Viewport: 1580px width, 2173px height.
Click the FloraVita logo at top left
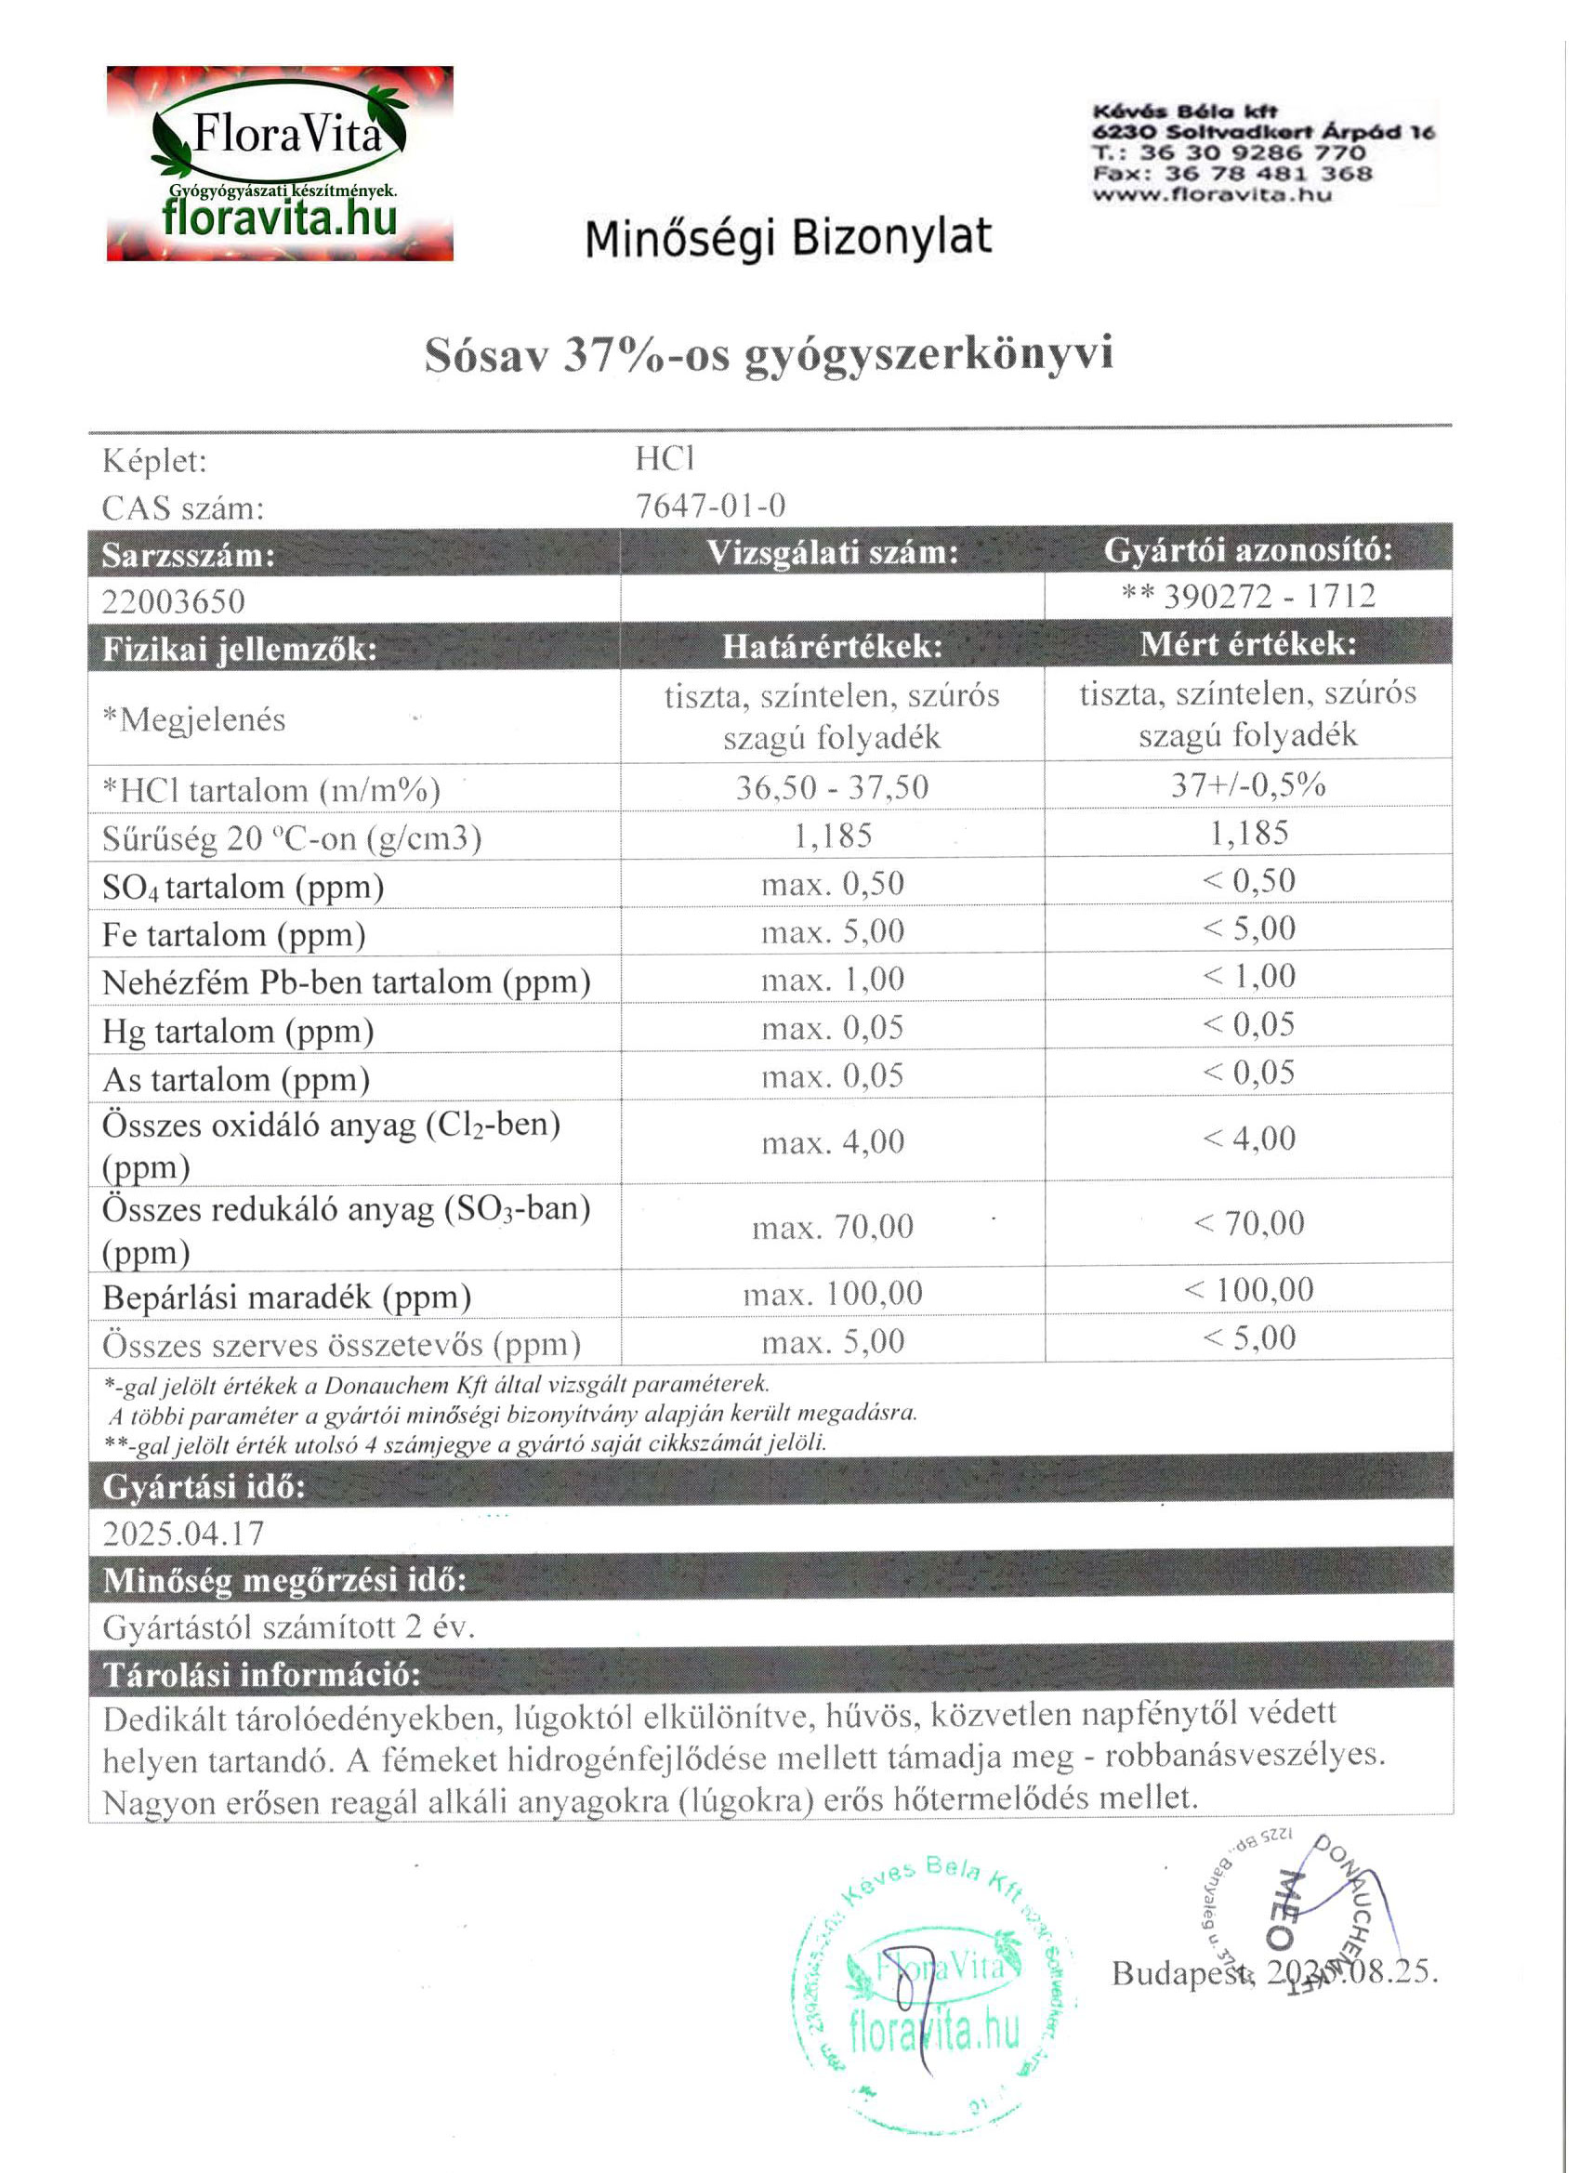point(280,164)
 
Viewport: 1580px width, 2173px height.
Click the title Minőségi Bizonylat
point(787,238)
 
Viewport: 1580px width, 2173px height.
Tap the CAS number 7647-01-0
point(710,505)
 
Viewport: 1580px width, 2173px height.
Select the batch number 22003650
point(174,601)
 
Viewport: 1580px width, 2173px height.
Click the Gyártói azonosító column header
point(1247,550)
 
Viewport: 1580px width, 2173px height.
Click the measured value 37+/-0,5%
point(1247,785)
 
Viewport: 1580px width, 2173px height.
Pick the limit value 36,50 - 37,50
point(832,787)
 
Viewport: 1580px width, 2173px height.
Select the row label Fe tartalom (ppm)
point(234,935)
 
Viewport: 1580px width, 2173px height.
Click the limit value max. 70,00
point(832,1227)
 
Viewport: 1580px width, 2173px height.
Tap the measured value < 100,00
point(1247,1290)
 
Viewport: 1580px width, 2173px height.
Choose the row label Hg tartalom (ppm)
point(238,1032)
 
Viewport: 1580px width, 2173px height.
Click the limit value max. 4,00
point(832,1141)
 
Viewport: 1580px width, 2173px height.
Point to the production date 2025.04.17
point(183,1534)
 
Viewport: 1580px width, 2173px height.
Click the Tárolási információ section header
point(261,1675)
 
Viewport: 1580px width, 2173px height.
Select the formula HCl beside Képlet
point(665,459)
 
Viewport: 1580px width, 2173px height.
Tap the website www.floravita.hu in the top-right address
point(1212,194)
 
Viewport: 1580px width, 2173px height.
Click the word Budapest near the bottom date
point(1180,1973)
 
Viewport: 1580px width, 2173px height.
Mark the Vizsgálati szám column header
point(832,553)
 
